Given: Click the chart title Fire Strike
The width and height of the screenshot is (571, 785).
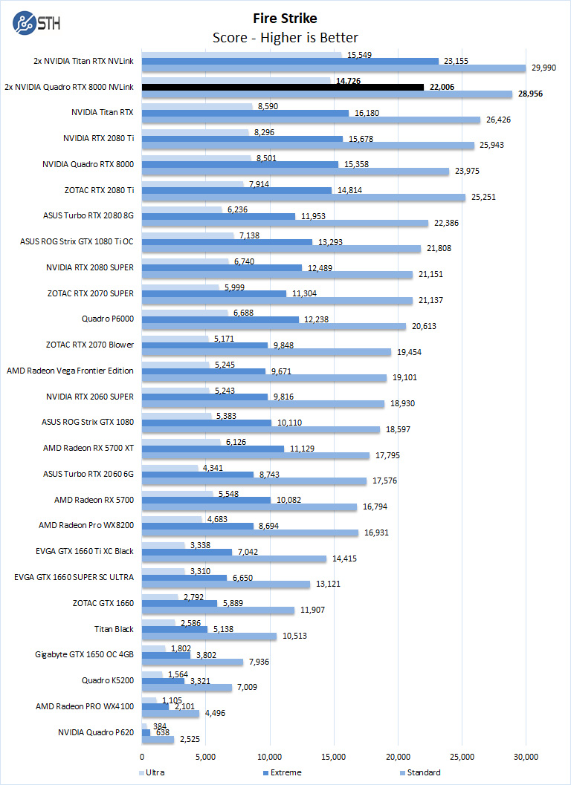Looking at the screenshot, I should pos(285,18).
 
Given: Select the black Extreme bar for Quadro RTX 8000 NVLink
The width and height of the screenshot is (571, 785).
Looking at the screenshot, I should pos(283,87).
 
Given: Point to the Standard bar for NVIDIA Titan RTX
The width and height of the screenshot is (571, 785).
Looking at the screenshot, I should pos(311,120).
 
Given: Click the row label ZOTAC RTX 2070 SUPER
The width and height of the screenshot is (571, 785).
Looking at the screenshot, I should pos(91,293).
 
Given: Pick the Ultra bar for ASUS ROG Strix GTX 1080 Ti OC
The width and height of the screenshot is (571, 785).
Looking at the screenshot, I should pos(187,235).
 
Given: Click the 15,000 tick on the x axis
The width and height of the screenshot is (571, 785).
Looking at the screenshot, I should pos(334,756).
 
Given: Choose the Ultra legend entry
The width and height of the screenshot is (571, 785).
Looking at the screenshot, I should pos(154,772).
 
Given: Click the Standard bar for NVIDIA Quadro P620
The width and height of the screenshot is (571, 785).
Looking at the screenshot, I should pos(158,740).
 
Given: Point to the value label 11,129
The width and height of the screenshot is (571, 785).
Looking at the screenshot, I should pos(301,449).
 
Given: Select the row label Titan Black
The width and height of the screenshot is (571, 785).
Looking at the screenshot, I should pos(114,629).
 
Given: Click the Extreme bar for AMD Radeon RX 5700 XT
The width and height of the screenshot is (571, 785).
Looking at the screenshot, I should pos(213,449).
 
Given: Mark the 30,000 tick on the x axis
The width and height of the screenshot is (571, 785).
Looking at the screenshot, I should pos(526,756).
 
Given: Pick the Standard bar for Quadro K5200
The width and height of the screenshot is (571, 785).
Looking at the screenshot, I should pos(187,688).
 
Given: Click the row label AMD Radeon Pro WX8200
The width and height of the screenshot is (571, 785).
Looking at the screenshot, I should pos(86,525).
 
